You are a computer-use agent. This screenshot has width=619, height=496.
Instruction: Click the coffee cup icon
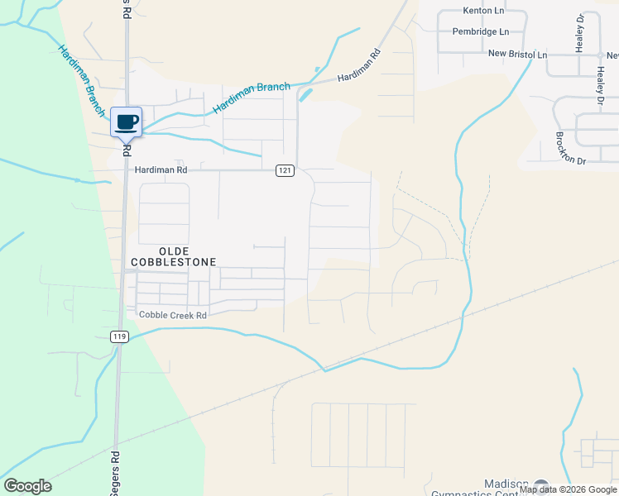[x=127, y=122]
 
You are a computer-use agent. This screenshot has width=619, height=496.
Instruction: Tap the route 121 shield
[x=285, y=170]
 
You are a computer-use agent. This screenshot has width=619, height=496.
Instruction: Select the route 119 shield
[x=121, y=336]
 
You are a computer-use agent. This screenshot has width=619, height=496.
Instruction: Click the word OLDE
[x=174, y=250]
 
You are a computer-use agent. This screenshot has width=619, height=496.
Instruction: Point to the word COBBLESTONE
[x=174, y=262]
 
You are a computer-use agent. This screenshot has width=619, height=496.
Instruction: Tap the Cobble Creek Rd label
[x=172, y=315]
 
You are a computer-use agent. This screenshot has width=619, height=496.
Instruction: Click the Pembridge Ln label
[x=481, y=31]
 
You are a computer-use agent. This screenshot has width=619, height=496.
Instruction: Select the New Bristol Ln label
[x=517, y=55]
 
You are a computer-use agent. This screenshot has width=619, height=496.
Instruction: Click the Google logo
[x=27, y=486]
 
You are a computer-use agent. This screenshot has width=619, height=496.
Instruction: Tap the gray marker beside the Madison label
[x=541, y=486]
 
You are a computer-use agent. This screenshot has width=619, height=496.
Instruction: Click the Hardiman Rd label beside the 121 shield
[x=161, y=169]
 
